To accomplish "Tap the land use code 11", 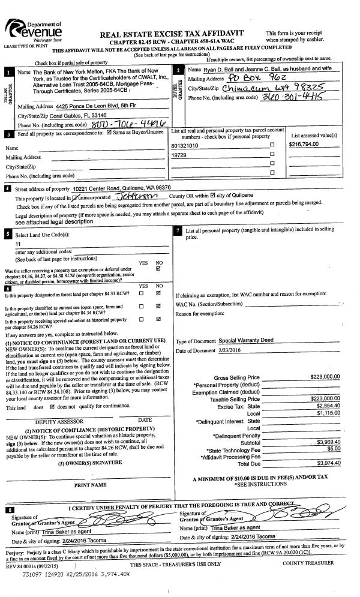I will tap(18, 245).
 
